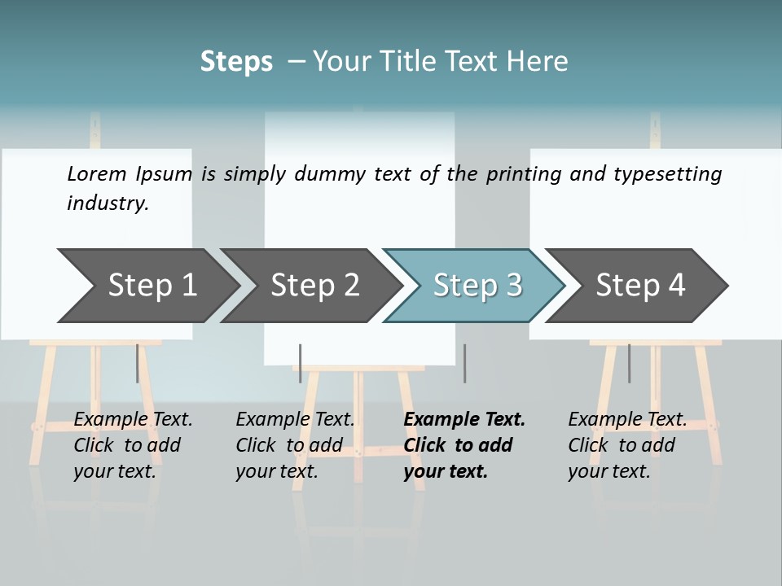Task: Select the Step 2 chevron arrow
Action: click(x=314, y=286)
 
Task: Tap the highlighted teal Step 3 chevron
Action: click(x=477, y=286)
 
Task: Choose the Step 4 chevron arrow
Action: click(x=639, y=286)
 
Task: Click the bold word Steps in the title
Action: click(x=236, y=62)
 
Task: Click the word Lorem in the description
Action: click(x=96, y=173)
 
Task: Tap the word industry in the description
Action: click(x=107, y=203)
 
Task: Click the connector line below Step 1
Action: click(x=137, y=363)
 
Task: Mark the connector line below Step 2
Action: click(x=301, y=363)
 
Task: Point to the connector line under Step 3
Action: click(x=464, y=363)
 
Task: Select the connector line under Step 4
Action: click(x=629, y=363)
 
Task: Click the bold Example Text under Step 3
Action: click(x=464, y=420)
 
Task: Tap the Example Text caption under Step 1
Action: click(x=133, y=420)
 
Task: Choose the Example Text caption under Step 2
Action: click(x=295, y=420)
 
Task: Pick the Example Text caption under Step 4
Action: click(x=627, y=420)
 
